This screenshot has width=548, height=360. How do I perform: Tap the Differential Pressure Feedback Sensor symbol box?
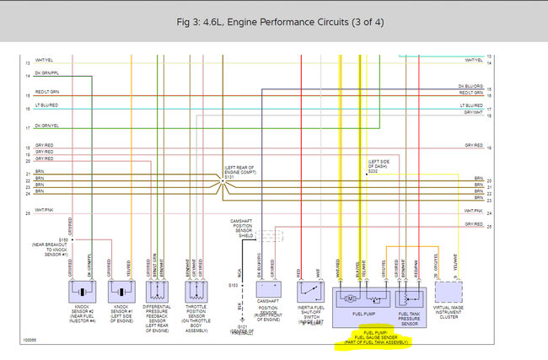pos(158,292)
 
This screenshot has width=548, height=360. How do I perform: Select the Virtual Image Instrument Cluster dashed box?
pos(449,292)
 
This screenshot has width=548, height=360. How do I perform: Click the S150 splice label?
pos(63,239)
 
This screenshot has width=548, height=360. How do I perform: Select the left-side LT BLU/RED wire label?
pos(46,105)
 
